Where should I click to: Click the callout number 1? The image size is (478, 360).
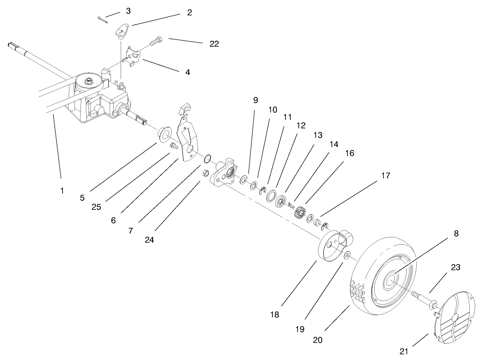[x=62, y=190]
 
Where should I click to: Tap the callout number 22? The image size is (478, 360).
[x=214, y=44]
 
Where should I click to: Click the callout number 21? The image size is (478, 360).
[x=403, y=351]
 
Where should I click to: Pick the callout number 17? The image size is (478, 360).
[x=385, y=175]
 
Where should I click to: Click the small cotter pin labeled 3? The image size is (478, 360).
[x=103, y=18]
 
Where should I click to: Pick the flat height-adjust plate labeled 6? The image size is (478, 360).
[x=189, y=137]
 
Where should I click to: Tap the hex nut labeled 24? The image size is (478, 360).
[x=206, y=173]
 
